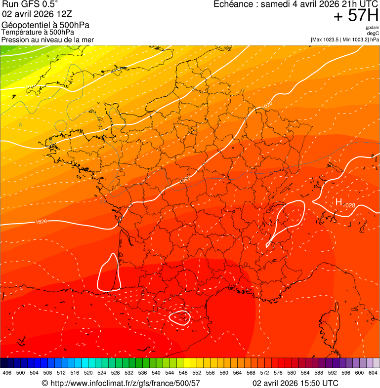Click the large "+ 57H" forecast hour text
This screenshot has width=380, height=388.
click(x=356, y=16)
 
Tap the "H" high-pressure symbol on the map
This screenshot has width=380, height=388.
click(x=339, y=201)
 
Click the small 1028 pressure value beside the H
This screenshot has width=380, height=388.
click(x=349, y=205)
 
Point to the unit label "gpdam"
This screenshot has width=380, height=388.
click(x=372, y=28)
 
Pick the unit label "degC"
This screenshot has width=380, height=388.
click(x=373, y=33)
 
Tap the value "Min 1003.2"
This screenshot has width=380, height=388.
click(x=354, y=39)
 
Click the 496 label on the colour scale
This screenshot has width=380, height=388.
click(x=7, y=373)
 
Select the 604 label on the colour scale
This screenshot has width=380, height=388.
click(x=373, y=373)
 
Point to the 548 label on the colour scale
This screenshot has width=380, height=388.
click(x=183, y=373)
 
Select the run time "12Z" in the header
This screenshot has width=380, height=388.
click(x=64, y=14)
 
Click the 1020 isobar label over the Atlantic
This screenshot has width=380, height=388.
click(x=42, y=222)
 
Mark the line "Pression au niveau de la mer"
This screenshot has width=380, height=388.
click(x=47, y=39)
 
